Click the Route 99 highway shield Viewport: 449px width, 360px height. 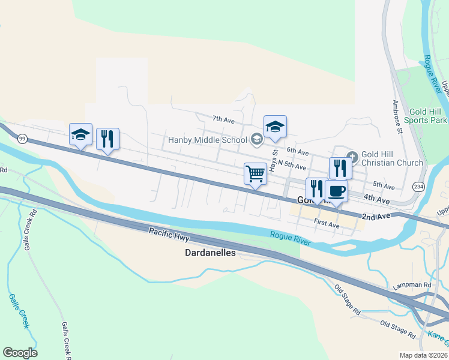(22, 139)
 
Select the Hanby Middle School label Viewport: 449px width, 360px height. (207, 140)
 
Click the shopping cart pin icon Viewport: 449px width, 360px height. (255, 173)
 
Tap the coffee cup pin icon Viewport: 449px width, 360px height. (336, 191)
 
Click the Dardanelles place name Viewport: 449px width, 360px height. (209, 254)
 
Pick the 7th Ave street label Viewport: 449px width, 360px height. (223, 120)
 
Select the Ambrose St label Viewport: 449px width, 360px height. (397, 116)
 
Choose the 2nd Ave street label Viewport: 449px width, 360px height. (376, 215)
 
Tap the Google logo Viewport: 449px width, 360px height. (20, 353)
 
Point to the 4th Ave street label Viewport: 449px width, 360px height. (376, 199)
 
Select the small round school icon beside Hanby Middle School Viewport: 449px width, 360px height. (256, 140)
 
